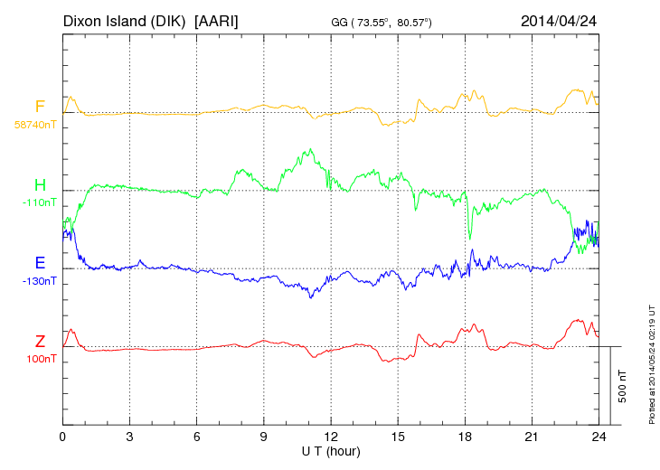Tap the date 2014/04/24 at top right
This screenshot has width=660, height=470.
tap(560, 20)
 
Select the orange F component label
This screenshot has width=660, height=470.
tap(40, 107)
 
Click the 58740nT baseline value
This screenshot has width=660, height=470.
tap(36, 125)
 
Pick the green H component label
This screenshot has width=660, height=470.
tap(40, 185)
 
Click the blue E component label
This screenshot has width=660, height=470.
tap(40, 263)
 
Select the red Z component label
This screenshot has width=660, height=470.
tap(40, 341)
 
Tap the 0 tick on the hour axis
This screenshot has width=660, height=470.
tap(62, 437)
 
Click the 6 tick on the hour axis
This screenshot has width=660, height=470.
tap(196, 437)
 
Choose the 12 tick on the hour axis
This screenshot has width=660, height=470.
tap(331, 437)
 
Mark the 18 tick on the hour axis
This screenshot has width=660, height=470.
tap(465, 437)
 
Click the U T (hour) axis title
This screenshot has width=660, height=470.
tap(331, 450)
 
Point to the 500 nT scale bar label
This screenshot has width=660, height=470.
tap(622, 386)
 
